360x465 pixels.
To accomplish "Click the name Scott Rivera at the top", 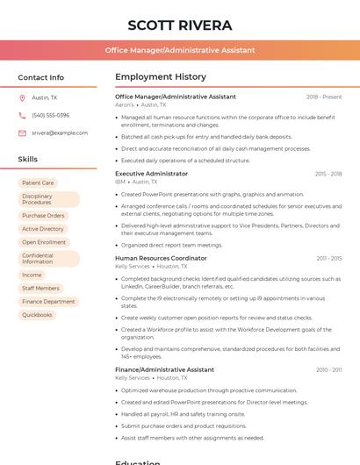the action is tap(180, 25).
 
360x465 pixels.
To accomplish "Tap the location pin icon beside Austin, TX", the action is tap(22, 98).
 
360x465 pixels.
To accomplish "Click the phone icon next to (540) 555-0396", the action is tap(22, 116).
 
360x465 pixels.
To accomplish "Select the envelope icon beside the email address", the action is tap(22, 133).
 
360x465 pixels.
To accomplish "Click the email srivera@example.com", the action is tap(59, 133).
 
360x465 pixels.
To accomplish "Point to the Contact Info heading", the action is tap(41, 77).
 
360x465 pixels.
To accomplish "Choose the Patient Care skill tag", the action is tap(38, 183).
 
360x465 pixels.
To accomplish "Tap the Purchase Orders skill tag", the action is tap(43, 215).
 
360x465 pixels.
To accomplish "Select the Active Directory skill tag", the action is tap(43, 229).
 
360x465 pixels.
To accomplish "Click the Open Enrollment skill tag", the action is tap(44, 242).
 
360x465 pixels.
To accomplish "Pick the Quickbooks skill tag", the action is tap(38, 315).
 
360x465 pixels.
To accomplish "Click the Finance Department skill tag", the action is tap(48, 302).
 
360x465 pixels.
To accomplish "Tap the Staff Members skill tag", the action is tap(41, 288).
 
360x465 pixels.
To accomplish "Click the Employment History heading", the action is tap(161, 77).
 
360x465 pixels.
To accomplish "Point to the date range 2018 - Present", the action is tap(324, 97).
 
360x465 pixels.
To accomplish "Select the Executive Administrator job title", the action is tap(151, 174).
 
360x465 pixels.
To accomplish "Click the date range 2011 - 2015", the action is tap(329, 259).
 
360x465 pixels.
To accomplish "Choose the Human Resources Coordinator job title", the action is tap(161, 259).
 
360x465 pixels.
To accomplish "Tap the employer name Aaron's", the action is tap(125, 104).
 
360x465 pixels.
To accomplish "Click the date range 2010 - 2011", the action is tap(329, 370).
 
